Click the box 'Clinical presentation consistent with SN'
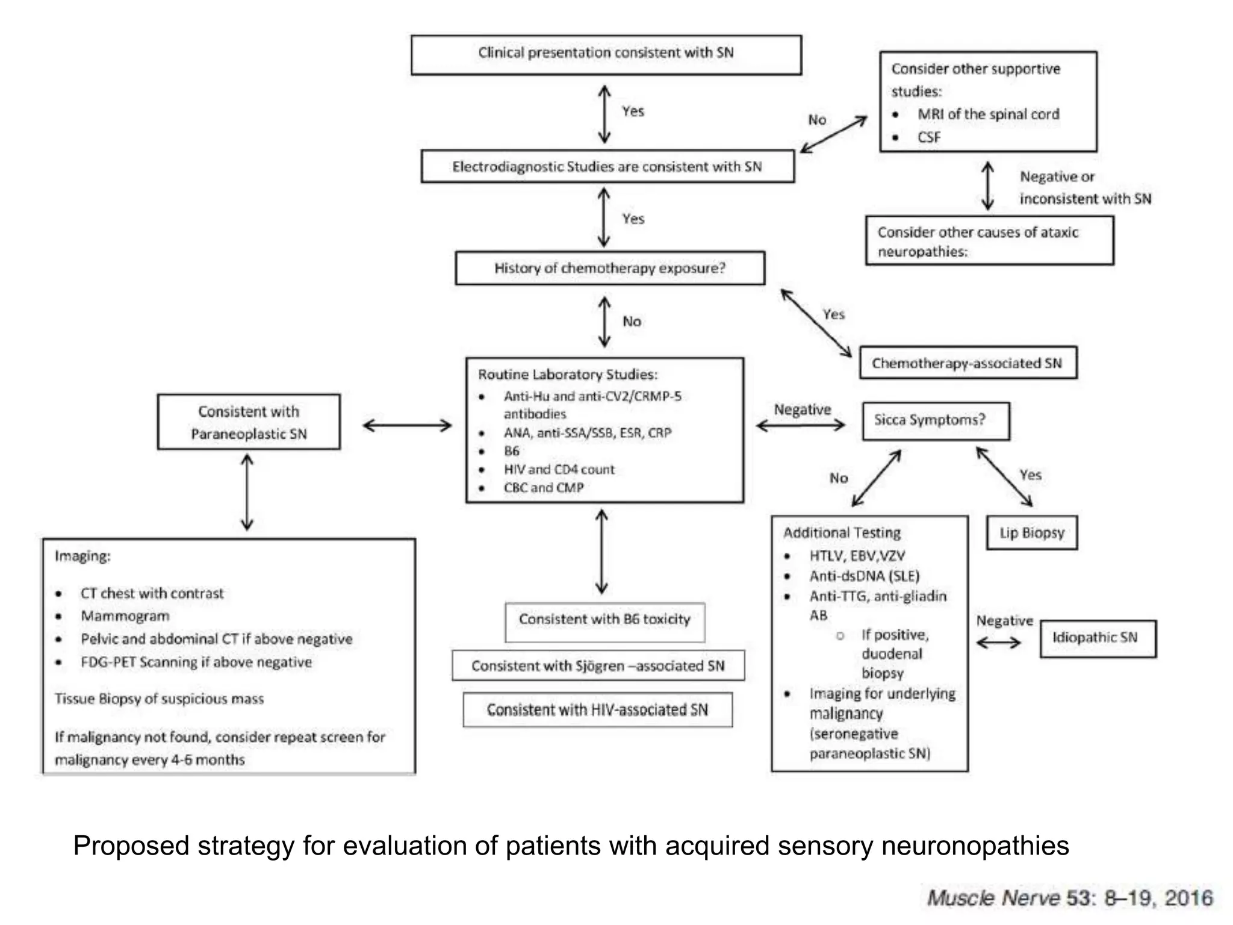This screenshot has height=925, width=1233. pyautogui.click(x=606, y=54)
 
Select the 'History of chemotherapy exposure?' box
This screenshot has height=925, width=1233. pyautogui.click(x=610, y=268)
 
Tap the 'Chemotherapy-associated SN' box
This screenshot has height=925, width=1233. pyautogui.click(x=967, y=363)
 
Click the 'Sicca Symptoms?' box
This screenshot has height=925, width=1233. pyautogui.click(x=935, y=420)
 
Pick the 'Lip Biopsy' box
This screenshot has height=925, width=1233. pyautogui.click(x=1031, y=533)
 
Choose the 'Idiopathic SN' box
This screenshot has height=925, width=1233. pyautogui.click(x=1098, y=638)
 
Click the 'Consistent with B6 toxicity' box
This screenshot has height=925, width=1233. pyautogui.click(x=604, y=620)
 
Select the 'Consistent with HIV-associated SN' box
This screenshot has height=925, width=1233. pyautogui.click(x=597, y=710)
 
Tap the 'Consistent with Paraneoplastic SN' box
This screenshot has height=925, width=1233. pyautogui.click(x=249, y=422)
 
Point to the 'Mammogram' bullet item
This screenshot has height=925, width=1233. pyautogui.click(x=125, y=616)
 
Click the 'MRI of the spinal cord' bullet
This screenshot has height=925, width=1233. pyautogui.click(x=988, y=114)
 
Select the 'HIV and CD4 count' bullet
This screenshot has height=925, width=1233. pyautogui.click(x=559, y=470)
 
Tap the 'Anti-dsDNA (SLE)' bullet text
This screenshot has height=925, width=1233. pyautogui.click(x=865, y=576)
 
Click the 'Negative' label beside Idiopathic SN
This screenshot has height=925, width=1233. pyautogui.click(x=1004, y=621)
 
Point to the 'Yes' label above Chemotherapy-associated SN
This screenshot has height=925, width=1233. pyautogui.click(x=834, y=314)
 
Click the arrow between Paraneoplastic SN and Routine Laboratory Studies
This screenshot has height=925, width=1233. pyautogui.click(x=408, y=426)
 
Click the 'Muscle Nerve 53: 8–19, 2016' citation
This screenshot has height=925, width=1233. pyautogui.click(x=1070, y=898)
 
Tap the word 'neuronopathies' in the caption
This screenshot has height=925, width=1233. pyautogui.click(x=975, y=846)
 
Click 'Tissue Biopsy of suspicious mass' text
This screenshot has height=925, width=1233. pyautogui.click(x=160, y=699)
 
